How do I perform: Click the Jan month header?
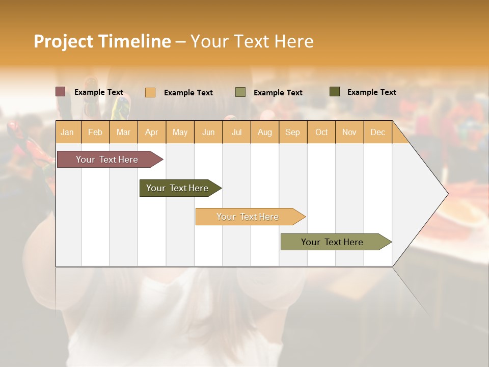click(x=67, y=132)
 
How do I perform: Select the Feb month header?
click(x=95, y=132)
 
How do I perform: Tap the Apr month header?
click(x=151, y=132)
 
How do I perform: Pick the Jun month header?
click(x=208, y=132)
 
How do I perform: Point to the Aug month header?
click(x=264, y=132)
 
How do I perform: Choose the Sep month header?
click(x=292, y=132)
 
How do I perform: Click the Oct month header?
click(x=321, y=132)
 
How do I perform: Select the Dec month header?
click(x=377, y=132)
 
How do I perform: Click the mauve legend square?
click(x=61, y=92)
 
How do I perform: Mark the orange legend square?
click(x=150, y=92)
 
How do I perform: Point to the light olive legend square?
click(x=240, y=92)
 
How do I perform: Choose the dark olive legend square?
click(x=334, y=92)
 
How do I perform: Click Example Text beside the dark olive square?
click(x=371, y=92)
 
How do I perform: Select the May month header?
click(x=180, y=132)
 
